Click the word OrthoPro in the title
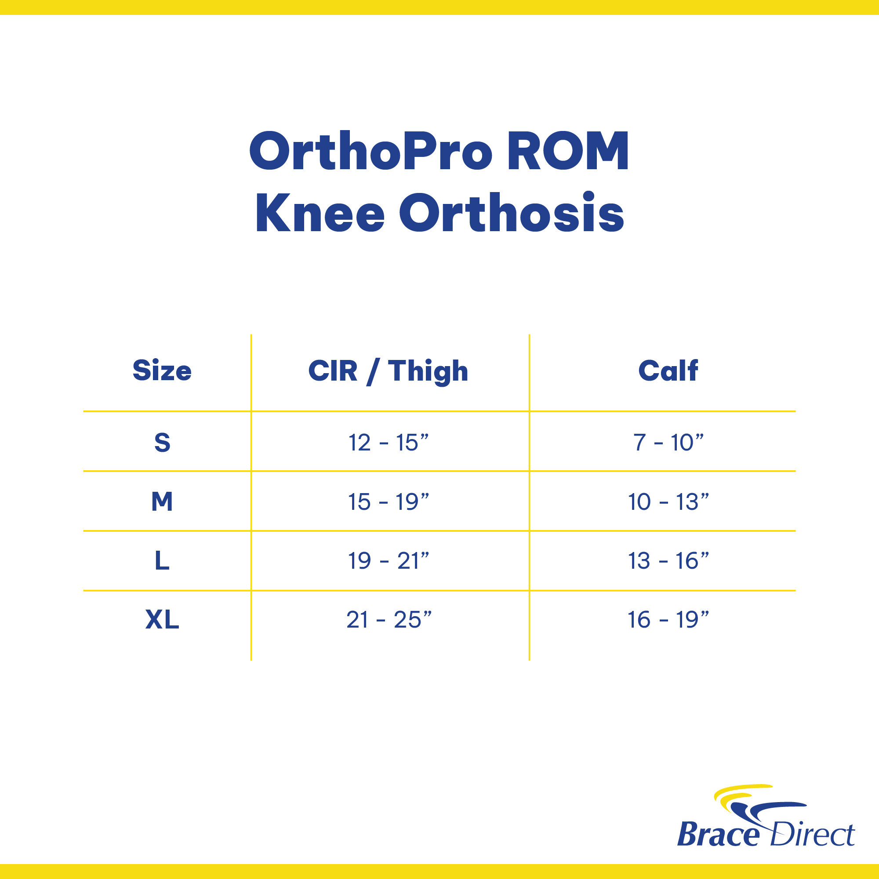click(371, 151)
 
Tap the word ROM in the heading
click(568, 151)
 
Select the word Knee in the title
click(320, 213)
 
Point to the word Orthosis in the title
click(512, 212)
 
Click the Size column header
click(162, 370)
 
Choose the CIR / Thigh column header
click(388, 371)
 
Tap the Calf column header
click(668, 370)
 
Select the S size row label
click(163, 442)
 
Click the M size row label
click(163, 501)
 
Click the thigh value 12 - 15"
click(389, 442)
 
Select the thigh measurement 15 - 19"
click(389, 501)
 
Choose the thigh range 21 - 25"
click(389, 619)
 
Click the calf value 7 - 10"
click(668, 442)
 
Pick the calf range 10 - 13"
click(668, 501)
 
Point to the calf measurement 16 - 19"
click(668, 619)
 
